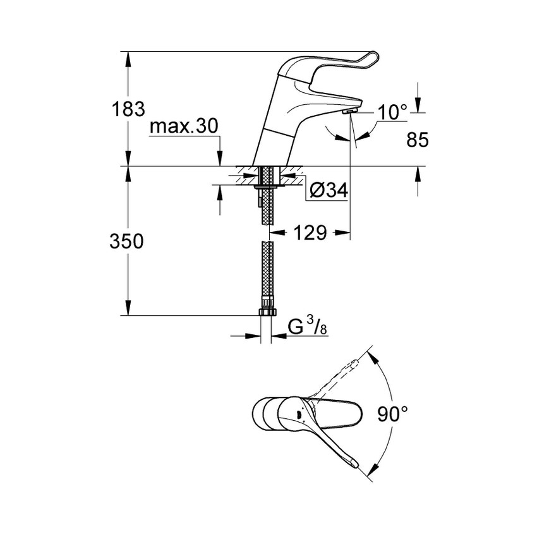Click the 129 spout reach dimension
coord(309,233)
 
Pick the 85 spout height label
coord(416,140)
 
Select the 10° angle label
coord(392,112)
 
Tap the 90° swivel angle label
coord(394,415)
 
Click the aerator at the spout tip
coord(349,111)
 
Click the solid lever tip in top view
coord(353,465)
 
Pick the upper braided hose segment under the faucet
coord(267,202)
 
